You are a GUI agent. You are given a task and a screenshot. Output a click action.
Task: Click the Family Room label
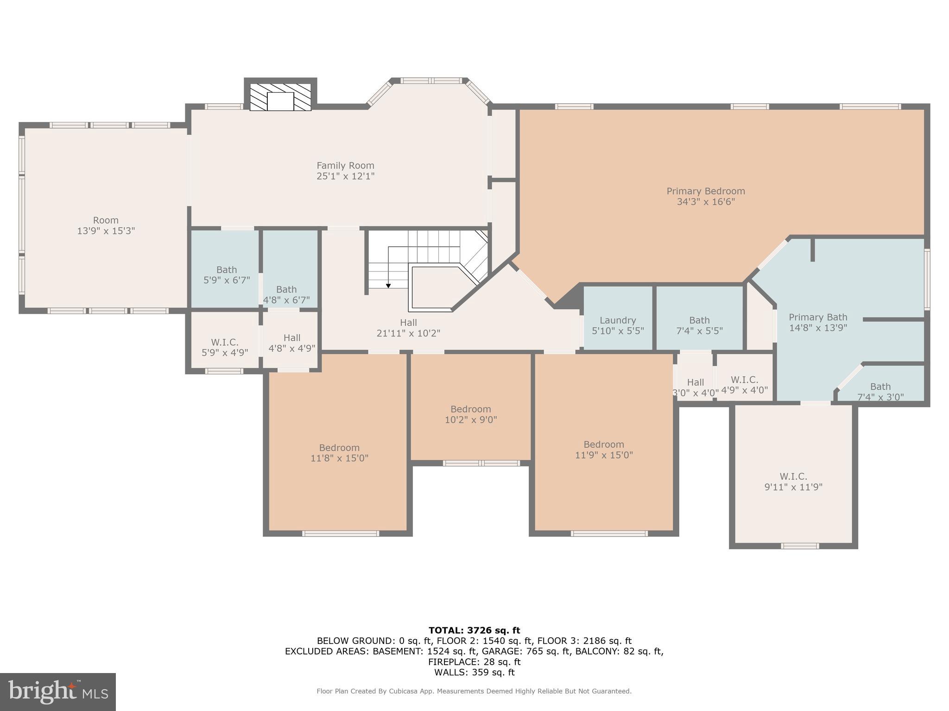(345, 166)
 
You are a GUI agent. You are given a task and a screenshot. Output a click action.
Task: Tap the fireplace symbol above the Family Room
(280, 97)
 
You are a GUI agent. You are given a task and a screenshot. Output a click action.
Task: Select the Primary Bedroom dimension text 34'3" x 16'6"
(705, 202)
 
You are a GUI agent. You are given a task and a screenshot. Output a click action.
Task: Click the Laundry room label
(617, 320)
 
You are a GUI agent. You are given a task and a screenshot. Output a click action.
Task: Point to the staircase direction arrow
(388, 285)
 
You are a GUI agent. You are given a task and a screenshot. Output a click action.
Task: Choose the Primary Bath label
(818, 318)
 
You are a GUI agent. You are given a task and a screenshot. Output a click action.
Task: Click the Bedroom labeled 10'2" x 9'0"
(470, 414)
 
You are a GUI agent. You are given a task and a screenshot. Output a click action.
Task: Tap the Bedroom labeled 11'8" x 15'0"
(339, 453)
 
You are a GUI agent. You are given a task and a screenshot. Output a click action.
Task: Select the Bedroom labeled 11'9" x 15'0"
(604, 449)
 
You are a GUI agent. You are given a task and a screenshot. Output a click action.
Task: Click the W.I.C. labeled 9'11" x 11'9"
(793, 481)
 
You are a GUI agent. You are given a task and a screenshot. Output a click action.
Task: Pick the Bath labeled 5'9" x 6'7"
(227, 274)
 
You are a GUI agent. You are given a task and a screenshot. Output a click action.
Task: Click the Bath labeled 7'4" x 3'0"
(880, 392)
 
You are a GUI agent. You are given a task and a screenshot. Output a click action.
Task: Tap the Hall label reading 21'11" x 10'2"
(408, 328)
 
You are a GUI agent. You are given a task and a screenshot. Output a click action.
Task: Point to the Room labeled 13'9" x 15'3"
(106, 225)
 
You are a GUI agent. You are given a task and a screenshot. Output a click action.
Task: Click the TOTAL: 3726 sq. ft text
(474, 630)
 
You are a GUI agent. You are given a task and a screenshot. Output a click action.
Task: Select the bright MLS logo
(57, 692)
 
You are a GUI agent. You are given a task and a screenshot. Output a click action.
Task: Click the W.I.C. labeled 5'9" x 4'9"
(225, 347)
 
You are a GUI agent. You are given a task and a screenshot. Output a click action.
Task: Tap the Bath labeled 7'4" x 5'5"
(699, 325)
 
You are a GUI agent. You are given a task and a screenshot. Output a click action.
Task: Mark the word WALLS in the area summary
(449, 673)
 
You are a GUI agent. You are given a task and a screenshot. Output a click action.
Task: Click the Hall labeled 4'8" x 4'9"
(291, 343)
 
